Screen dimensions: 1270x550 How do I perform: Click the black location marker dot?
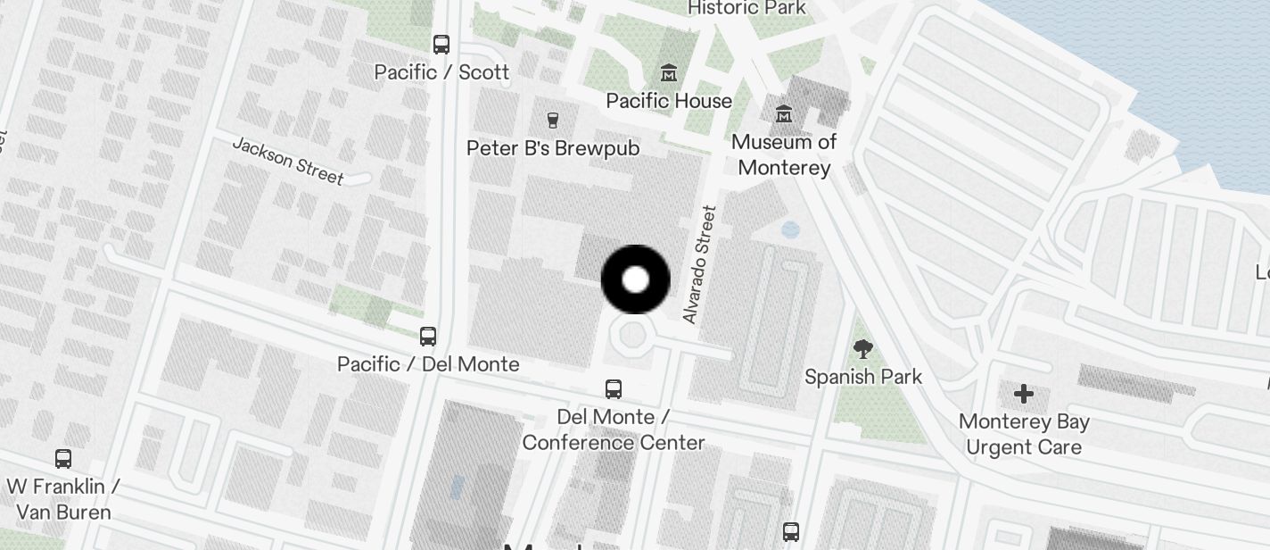point(635,279)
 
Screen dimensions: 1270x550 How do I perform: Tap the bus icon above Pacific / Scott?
point(441,44)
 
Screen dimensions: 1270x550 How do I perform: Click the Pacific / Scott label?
point(441,72)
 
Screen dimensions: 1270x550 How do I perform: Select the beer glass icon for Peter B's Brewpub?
point(553,120)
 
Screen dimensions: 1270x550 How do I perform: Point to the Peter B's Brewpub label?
point(553,147)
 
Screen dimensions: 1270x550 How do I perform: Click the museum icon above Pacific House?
point(668,72)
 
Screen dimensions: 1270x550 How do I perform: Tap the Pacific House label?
point(669,101)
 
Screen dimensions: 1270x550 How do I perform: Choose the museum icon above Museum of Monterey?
point(784,113)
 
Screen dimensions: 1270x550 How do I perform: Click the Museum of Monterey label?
point(784,154)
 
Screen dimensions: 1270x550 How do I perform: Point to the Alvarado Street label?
point(699,264)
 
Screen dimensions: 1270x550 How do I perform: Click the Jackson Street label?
point(288,161)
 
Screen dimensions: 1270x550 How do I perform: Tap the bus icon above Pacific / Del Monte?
point(428,336)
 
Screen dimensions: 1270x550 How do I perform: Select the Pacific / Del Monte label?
point(428,363)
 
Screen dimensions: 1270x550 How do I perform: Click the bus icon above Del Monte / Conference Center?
point(614,388)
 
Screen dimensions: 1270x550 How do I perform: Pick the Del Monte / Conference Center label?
point(614,429)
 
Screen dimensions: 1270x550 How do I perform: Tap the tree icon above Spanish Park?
point(862,348)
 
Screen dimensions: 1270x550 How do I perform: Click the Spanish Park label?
point(863,377)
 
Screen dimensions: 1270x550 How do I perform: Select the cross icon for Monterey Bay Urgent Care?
point(1024,393)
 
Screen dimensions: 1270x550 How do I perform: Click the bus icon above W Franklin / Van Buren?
point(63,459)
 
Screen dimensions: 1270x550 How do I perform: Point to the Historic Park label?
point(746,8)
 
